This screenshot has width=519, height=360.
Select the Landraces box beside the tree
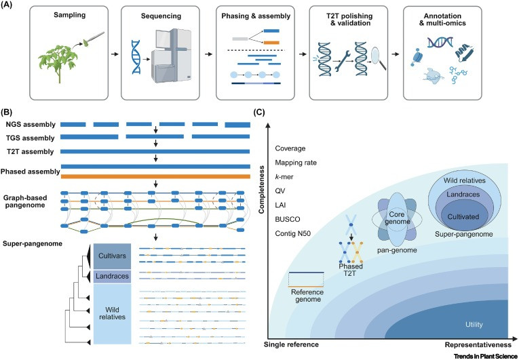112,277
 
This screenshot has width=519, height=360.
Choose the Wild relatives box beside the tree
112,314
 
